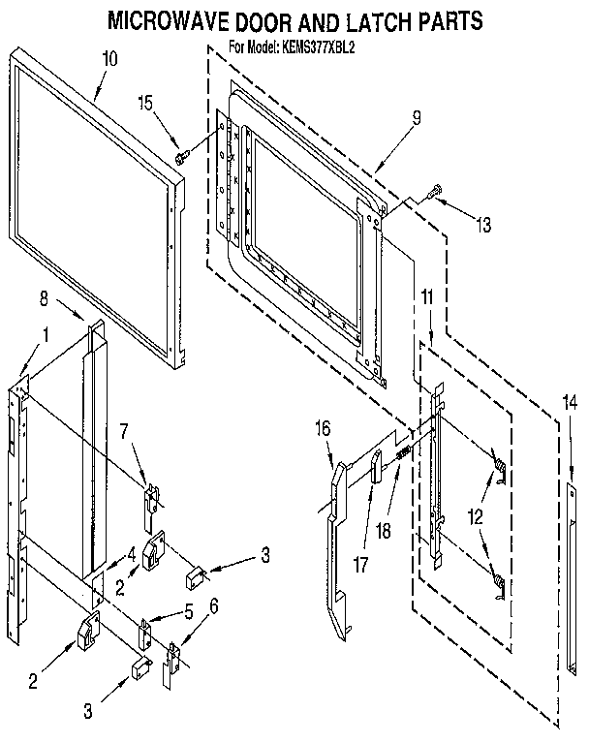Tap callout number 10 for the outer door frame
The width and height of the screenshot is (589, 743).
(109, 59)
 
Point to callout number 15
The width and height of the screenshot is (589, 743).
(144, 103)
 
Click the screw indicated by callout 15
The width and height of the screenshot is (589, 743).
(181, 152)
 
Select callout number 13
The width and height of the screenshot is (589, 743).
(481, 226)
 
